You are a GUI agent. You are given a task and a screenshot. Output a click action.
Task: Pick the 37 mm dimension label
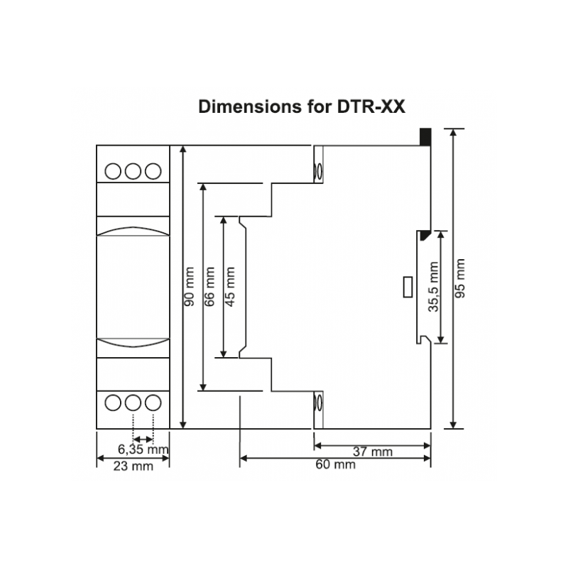point(373,452)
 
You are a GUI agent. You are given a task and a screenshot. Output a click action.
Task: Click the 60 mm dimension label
point(334,465)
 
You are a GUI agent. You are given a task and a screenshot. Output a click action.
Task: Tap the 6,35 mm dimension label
point(143,449)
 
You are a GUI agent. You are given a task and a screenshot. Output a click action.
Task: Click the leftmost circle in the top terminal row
point(114,171)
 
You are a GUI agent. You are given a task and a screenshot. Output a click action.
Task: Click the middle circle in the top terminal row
point(133,171)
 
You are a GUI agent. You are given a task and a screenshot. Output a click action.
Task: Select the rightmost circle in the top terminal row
point(152,171)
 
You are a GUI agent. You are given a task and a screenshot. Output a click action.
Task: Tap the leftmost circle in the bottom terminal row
point(114,403)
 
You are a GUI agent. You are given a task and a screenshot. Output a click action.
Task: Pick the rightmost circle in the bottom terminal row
point(152,403)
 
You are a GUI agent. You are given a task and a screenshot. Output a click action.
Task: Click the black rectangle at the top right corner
point(425,136)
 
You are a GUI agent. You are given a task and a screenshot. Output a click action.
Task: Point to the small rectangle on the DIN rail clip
point(407,287)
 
